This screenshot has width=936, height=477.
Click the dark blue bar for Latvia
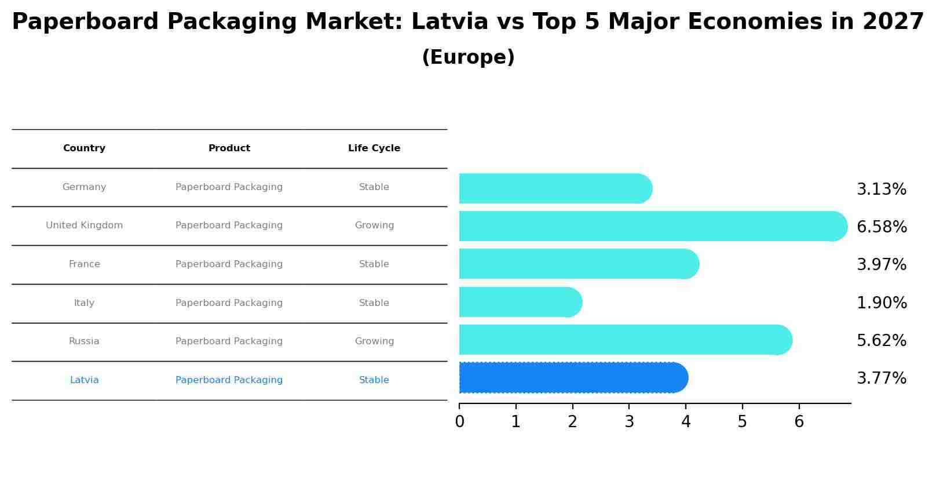coord(571,378)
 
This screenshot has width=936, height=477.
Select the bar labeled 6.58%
coord(649,226)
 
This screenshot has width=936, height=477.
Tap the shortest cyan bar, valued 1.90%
coord(518,302)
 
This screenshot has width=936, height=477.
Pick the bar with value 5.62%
coord(623,340)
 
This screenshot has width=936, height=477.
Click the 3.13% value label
coord(881,190)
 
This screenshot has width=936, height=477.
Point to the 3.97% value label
coord(881,265)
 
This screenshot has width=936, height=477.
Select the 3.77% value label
coord(881,378)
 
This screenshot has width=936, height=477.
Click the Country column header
coord(84,148)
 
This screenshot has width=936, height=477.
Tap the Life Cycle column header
coord(374,148)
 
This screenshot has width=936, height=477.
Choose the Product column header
coord(229,148)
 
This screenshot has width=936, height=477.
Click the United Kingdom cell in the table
coord(84,225)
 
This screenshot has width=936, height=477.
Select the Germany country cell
coord(84,187)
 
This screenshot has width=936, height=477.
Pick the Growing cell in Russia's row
coord(374,341)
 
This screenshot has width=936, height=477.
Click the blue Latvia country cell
coord(84,380)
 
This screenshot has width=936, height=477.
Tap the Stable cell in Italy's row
coord(374,303)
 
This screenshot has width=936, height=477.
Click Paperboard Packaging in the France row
coord(229,264)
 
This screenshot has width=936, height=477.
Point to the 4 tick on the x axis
coord(686,422)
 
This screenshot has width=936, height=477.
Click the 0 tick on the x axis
coord(459,422)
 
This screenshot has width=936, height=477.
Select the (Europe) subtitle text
coord(468,57)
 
